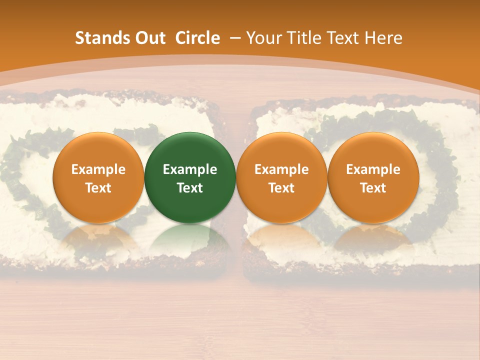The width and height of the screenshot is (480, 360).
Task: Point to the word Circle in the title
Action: [x=197, y=38]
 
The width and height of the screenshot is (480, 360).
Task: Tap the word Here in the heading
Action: [x=384, y=38]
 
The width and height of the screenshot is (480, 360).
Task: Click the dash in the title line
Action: [x=235, y=38]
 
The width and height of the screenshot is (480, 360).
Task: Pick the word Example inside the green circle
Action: [x=190, y=169]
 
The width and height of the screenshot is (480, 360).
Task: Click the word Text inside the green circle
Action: [x=190, y=188]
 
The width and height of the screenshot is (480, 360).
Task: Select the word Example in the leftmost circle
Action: [x=98, y=169]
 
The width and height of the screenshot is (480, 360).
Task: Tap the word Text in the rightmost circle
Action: [x=373, y=188]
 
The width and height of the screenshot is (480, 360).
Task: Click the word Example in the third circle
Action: [x=281, y=169]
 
